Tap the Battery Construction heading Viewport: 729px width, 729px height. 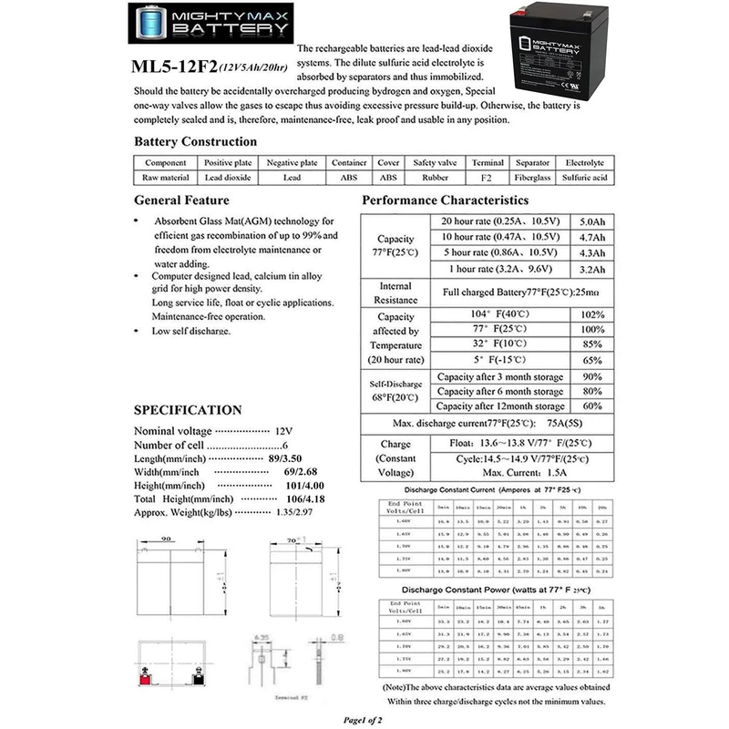(x=195, y=141)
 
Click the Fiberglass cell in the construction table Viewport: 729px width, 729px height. (x=532, y=178)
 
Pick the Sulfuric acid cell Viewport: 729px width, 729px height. (x=584, y=178)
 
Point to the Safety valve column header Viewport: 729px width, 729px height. (x=433, y=162)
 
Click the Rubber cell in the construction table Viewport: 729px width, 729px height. (x=433, y=178)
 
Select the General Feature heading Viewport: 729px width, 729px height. (x=181, y=200)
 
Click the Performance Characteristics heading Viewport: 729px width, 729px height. (x=445, y=200)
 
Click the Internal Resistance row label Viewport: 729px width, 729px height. (x=395, y=293)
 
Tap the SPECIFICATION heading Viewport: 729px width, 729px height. (x=188, y=410)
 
